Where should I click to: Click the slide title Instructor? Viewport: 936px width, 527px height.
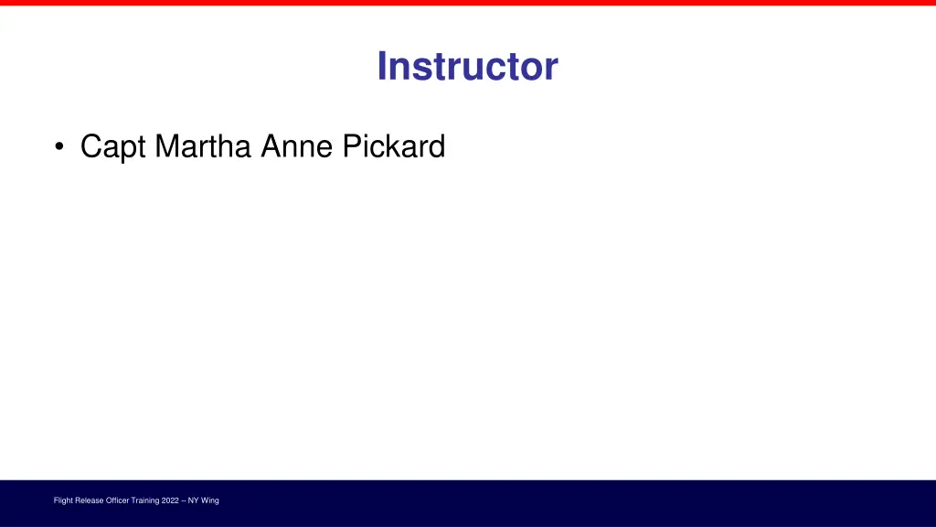(x=467, y=67)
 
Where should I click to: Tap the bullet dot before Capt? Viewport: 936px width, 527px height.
(x=59, y=147)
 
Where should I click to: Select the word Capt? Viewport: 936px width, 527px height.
(x=113, y=146)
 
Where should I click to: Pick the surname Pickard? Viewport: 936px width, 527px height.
(x=394, y=145)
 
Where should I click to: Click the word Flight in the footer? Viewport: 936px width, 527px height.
(x=63, y=500)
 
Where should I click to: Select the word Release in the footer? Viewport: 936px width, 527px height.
(x=90, y=500)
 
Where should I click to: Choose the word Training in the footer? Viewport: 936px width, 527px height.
(x=147, y=500)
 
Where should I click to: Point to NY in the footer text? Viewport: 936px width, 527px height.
(x=194, y=500)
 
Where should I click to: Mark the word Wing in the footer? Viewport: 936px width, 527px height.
(x=210, y=500)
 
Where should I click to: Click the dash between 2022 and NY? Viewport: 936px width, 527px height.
(x=185, y=500)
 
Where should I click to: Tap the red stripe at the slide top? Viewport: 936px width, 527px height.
(x=468, y=3)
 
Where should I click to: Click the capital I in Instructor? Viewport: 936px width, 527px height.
(x=382, y=67)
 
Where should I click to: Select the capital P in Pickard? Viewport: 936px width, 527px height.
(x=352, y=145)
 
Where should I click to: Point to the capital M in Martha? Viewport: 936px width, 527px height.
(x=165, y=145)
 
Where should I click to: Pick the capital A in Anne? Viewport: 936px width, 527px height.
(x=271, y=145)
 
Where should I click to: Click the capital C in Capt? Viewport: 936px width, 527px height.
(x=90, y=145)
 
